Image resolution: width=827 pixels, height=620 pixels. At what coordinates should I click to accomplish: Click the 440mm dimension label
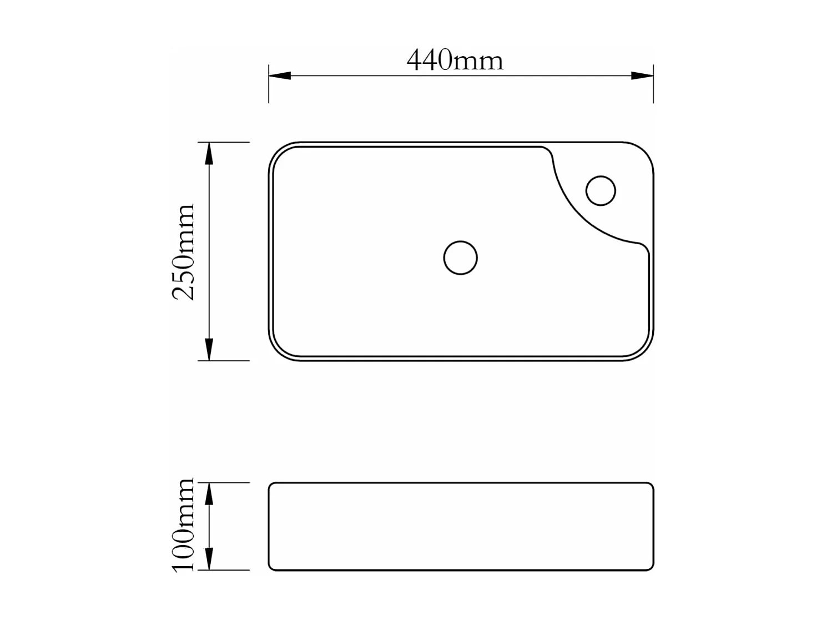[455, 60]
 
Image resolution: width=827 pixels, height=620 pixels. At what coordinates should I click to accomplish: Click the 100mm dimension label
[184, 525]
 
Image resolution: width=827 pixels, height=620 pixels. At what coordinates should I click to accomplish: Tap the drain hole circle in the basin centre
[460, 258]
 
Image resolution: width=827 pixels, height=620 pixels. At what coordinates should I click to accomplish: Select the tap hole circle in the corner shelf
[601, 190]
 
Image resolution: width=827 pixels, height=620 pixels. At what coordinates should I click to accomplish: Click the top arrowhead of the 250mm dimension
[209, 153]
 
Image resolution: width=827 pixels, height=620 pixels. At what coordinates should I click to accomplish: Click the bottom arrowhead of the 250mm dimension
[209, 350]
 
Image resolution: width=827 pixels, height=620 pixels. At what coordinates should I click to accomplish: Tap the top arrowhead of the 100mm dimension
[209, 493]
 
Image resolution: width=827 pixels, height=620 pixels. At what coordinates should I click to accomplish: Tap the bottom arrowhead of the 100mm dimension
[209, 559]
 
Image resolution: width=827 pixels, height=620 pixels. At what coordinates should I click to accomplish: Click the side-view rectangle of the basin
[461, 526]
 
